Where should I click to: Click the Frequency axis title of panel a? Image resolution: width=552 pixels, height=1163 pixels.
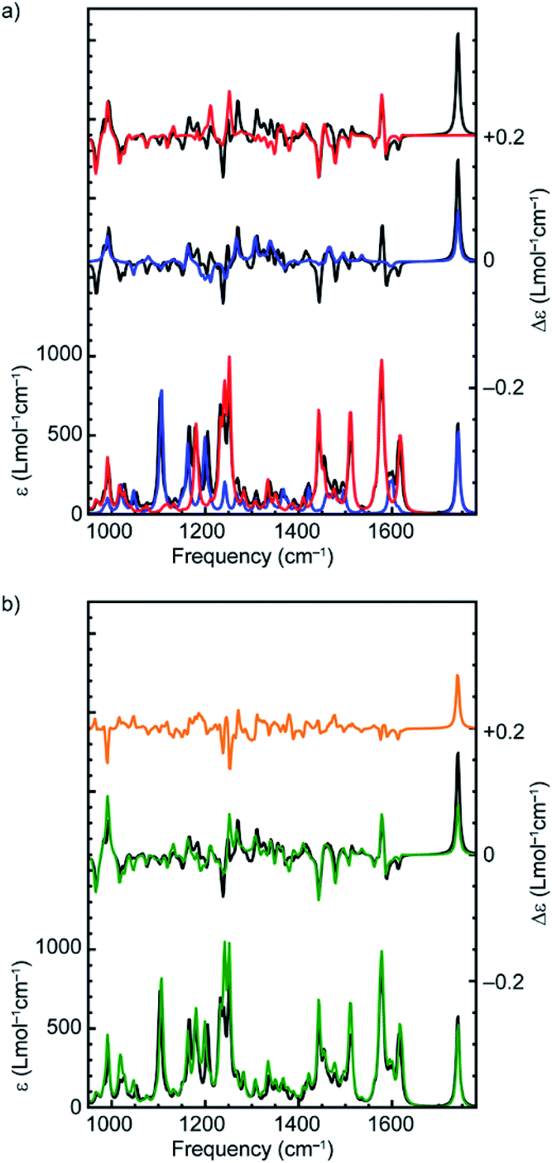tap(252, 557)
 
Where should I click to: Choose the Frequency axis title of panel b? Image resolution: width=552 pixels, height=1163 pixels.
tap(252, 1150)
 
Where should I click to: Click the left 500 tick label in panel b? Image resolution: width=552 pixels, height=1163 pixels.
tap(67, 1027)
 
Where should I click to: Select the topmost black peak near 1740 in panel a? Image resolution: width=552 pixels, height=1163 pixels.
tap(457, 35)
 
